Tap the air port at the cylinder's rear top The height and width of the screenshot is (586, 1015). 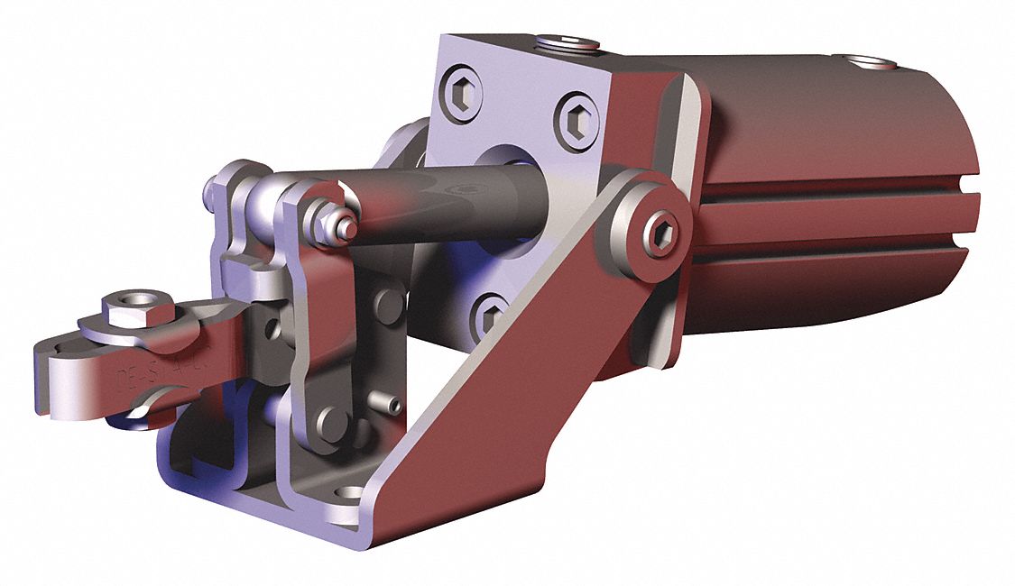[x=872, y=63]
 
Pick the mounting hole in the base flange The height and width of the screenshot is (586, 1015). [x=350, y=493]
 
